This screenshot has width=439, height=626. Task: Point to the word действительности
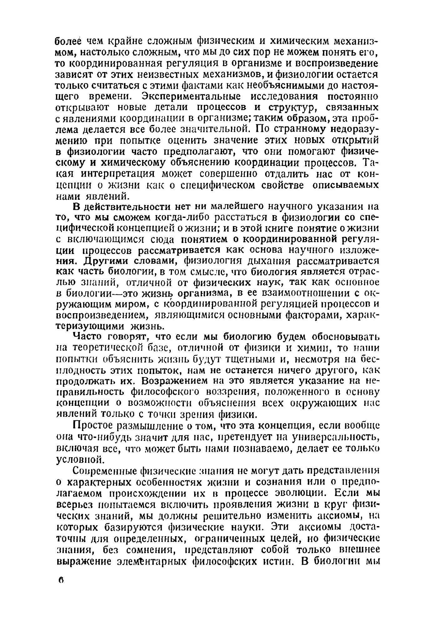point(127,207)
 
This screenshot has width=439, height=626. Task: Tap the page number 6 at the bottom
point(60,580)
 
